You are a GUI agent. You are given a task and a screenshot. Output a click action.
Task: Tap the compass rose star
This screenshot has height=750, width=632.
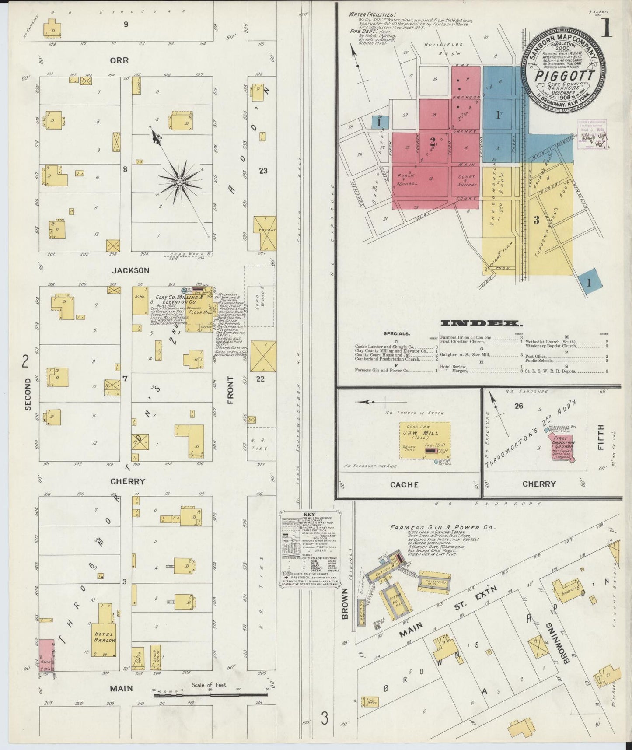[179, 181]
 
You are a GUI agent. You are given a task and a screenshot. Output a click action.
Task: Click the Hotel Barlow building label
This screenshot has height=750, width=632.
[104, 637]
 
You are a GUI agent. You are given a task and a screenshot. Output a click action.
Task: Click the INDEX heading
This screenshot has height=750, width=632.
[481, 324]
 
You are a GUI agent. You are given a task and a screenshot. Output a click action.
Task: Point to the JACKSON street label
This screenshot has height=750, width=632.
[130, 270]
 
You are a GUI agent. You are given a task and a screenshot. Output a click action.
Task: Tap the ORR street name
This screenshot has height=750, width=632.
[119, 60]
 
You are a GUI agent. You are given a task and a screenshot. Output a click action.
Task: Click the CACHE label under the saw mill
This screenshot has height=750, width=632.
[404, 484]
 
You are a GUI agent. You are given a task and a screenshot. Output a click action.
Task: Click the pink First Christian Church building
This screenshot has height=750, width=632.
[561, 447]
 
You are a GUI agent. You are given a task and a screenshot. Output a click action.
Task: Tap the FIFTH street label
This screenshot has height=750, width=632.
[600, 438]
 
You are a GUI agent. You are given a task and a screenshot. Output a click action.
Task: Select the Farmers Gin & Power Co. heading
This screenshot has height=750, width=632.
[442, 527]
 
